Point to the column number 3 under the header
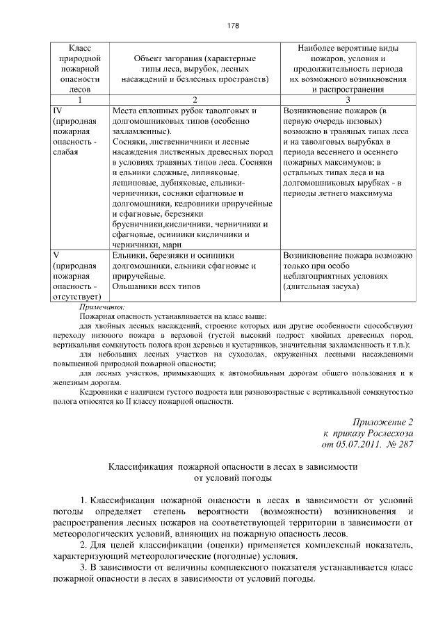349,99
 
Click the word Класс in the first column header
78,47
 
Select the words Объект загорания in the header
164,58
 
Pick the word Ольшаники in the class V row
133,286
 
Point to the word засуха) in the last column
341,286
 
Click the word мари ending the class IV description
171,244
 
